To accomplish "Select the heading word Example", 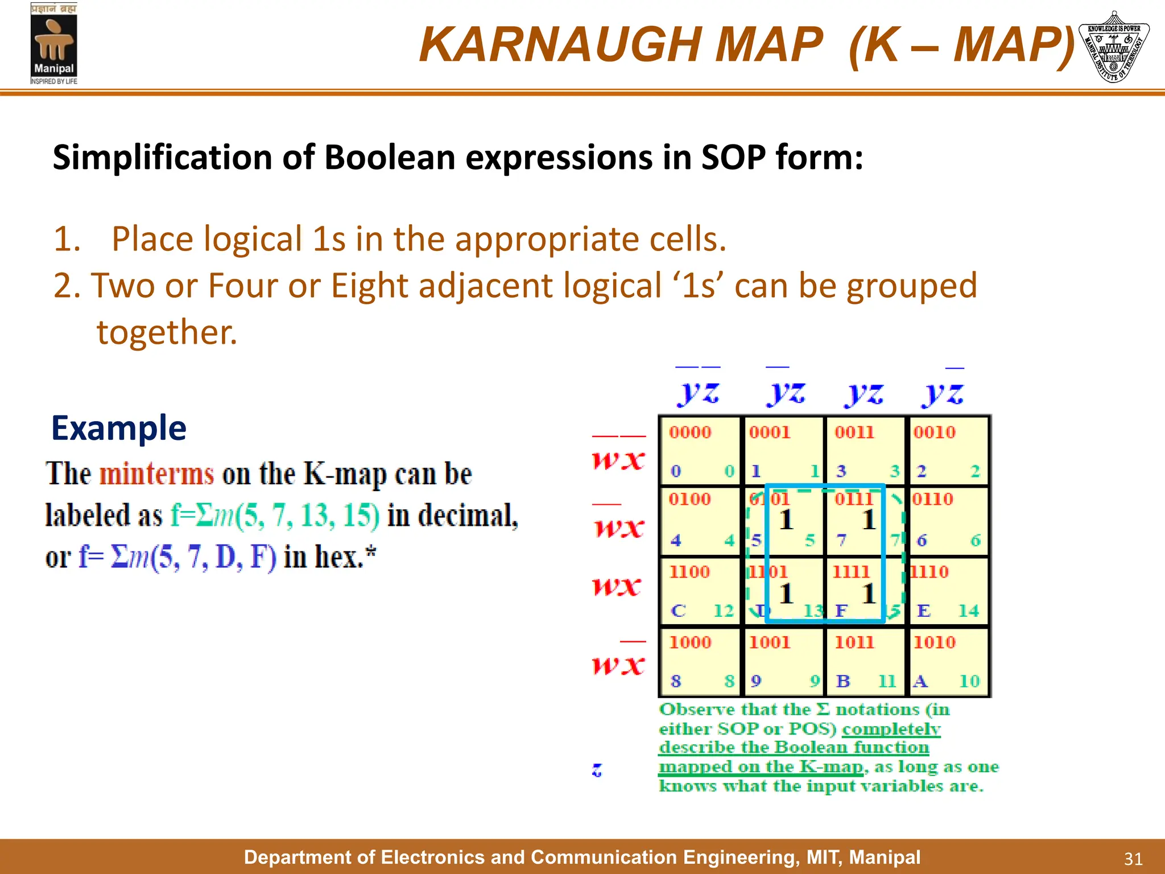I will pyautogui.click(x=119, y=428).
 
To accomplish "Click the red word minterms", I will pyautogui.click(x=156, y=473).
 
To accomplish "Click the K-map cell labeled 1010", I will pyautogui.click(x=947, y=661).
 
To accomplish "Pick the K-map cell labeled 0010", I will pyautogui.click(x=947, y=451).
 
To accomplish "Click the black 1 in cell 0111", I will pyautogui.click(x=868, y=520).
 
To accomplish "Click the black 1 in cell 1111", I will pyautogui.click(x=868, y=593).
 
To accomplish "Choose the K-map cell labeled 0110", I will pyautogui.click(x=947, y=521).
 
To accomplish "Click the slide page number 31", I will pyautogui.click(x=1133, y=859).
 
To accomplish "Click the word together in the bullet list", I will pyautogui.click(x=167, y=332).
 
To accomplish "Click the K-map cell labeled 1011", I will pyautogui.click(x=864, y=661).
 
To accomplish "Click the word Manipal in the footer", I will pyautogui.click(x=885, y=857).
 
